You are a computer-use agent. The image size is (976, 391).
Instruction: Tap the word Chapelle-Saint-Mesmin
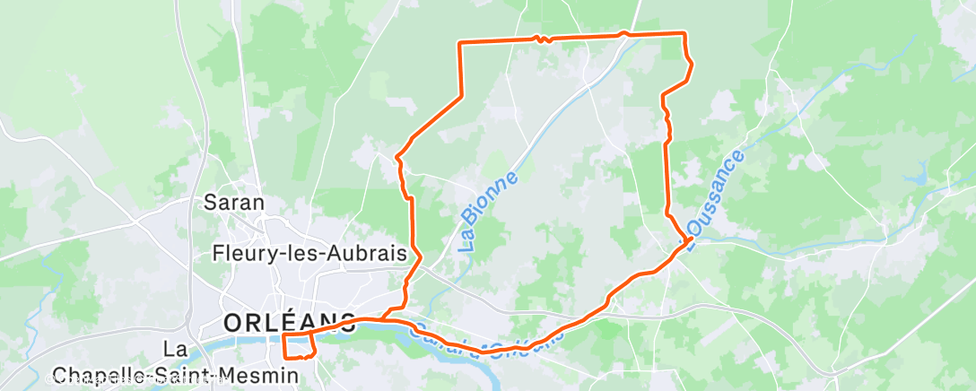point(175,374)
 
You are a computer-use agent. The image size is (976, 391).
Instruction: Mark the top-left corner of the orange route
point(460,43)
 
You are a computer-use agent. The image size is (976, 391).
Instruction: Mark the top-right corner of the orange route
point(685,33)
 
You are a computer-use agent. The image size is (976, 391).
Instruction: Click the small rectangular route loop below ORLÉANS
point(299,345)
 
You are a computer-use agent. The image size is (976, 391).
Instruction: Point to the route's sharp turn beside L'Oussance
point(689,239)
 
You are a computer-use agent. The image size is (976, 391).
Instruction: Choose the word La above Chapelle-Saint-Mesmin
point(175,348)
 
